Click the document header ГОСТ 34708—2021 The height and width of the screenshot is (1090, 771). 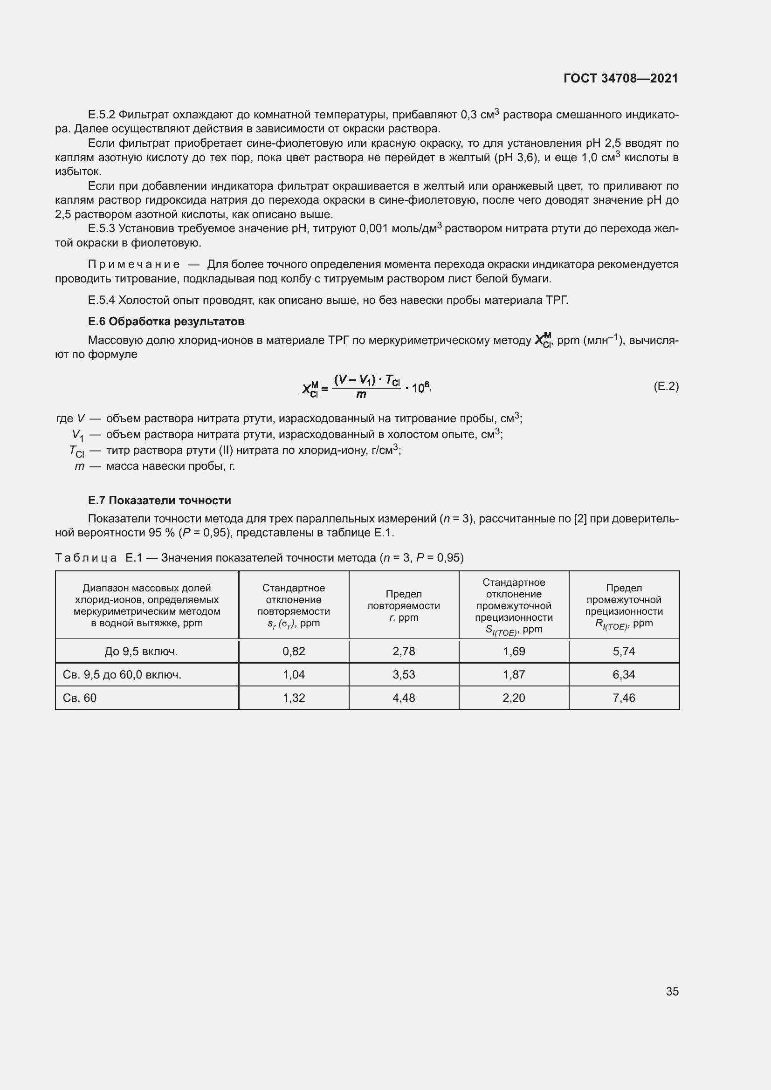(x=620, y=78)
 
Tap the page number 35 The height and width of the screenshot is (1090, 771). (x=672, y=991)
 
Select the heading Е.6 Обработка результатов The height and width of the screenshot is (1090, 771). (x=166, y=322)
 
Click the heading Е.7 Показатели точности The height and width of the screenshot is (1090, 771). (x=159, y=500)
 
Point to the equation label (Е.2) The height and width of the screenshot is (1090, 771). (x=666, y=386)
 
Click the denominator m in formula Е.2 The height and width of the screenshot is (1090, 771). (x=361, y=395)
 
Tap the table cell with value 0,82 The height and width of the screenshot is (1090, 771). (x=293, y=651)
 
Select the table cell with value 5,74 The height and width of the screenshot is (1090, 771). (x=623, y=651)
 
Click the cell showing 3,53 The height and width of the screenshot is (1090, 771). (x=404, y=675)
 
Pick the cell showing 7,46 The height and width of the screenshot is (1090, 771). (x=623, y=698)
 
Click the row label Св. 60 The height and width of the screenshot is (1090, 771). (x=79, y=698)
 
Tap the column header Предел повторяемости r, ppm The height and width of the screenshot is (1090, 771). (x=404, y=605)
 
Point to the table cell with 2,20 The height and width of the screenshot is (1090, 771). (x=514, y=698)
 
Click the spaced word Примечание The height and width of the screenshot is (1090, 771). (x=134, y=264)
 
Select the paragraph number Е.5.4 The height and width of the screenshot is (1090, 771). (x=102, y=300)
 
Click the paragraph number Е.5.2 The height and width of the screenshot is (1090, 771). (x=102, y=115)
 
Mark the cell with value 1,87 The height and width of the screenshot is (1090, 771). (x=514, y=675)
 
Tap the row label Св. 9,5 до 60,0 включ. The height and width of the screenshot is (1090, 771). (x=122, y=675)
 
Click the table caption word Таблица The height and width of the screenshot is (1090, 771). (x=86, y=558)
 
